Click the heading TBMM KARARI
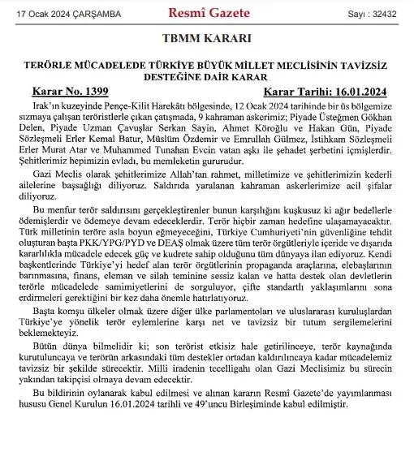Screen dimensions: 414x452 (x=206, y=38)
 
